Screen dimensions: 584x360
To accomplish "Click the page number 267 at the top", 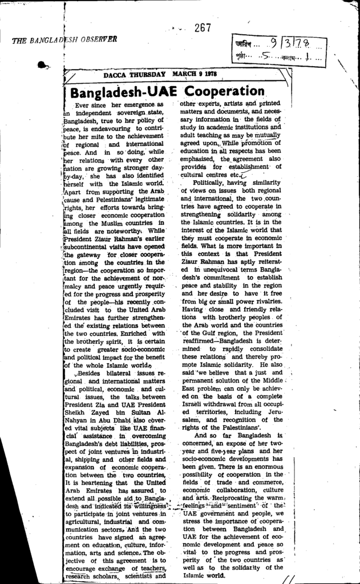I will point(203,27).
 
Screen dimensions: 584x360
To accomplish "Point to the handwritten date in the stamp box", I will point(292,43).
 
